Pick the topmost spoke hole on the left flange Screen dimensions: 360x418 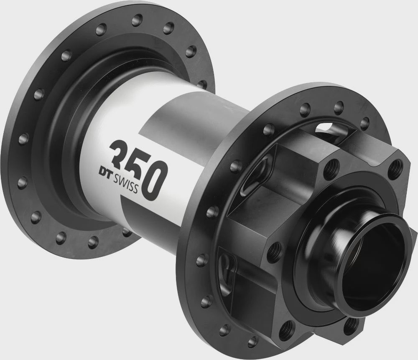click(137, 20)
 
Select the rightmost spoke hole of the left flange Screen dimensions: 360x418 click(202, 84)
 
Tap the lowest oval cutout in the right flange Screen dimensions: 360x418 click(228, 268)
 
